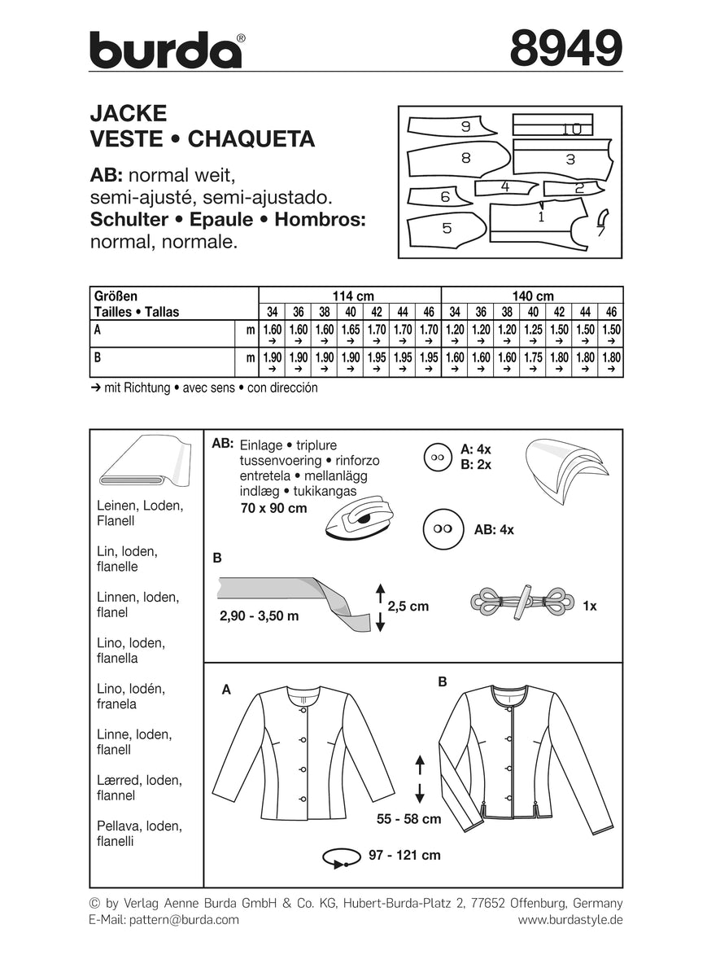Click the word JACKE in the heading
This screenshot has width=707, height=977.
128,112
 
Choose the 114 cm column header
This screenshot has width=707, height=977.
349,296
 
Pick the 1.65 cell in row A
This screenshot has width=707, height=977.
349,330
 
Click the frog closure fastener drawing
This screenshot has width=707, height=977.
517,604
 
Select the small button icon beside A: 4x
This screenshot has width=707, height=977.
438,458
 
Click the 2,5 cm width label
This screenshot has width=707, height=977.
408,607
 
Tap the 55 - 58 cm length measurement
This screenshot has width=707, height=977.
409,818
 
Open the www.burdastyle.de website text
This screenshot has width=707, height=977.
570,919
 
